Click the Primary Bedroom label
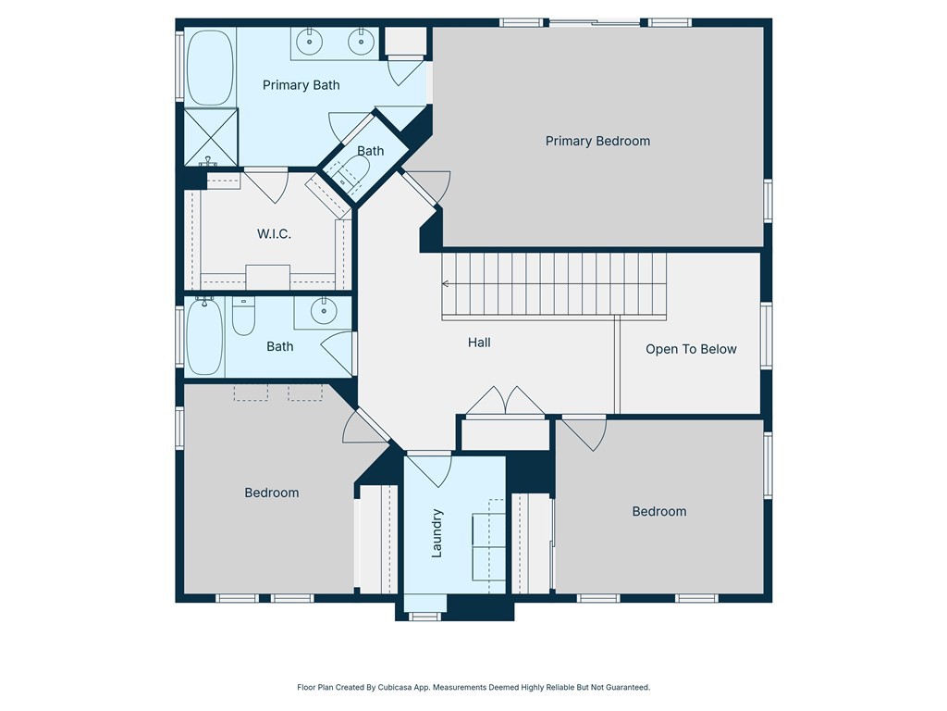pyautogui.click(x=597, y=141)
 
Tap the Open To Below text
pyautogui.click(x=691, y=349)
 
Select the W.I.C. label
pyautogui.click(x=274, y=234)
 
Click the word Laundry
pyautogui.click(x=438, y=532)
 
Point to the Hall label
pyautogui.click(x=479, y=343)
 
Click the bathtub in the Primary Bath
pyautogui.click(x=210, y=68)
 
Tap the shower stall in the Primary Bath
pyautogui.click(x=210, y=137)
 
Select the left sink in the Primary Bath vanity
pyautogui.click(x=307, y=41)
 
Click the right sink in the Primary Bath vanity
pyautogui.click(x=359, y=41)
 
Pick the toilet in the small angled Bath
pyautogui.click(x=354, y=172)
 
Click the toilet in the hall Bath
pyautogui.click(x=243, y=318)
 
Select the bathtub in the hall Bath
pyautogui.click(x=204, y=335)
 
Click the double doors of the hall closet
pyautogui.click(x=504, y=403)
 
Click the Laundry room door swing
pyautogui.click(x=428, y=468)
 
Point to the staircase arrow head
pyautogui.click(x=446, y=284)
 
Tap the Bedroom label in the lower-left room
pyautogui.click(x=272, y=493)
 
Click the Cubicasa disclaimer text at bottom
pyautogui.click(x=473, y=687)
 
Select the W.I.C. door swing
pyautogui.click(x=266, y=184)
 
